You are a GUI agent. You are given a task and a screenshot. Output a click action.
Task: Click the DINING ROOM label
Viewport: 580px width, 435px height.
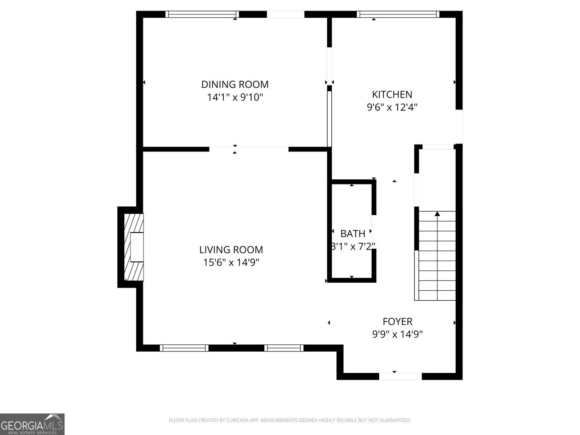tap(235, 84)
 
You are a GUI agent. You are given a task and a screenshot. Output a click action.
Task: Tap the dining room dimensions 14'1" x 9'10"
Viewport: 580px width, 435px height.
tap(235, 98)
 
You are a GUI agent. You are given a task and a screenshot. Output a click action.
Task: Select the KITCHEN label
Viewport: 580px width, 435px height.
tap(392, 95)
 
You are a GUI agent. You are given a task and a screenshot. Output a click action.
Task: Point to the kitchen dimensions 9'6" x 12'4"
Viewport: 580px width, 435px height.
tap(392, 107)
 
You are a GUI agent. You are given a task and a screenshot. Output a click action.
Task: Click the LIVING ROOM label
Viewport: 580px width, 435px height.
tap(231, 250)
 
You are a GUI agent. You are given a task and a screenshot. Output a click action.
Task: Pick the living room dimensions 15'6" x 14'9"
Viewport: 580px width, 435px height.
tap(231, 262)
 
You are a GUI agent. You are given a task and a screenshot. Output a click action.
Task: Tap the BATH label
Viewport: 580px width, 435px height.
tap(352, 234)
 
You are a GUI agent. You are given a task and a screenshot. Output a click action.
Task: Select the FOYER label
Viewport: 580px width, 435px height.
tap(397, 322)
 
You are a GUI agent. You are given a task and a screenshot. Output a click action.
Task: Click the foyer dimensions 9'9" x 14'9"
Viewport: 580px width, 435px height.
tap(397, 334)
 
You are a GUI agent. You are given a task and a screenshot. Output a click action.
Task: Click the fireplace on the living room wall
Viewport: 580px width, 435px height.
tap(133, 247)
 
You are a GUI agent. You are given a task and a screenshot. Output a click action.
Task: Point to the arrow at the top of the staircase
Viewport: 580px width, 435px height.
tap(437, 214)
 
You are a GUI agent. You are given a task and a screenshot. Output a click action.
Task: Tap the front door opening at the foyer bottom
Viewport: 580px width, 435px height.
tap(400, 376)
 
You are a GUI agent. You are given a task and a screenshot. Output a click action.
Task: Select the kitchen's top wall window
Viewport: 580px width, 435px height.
tap(398, 14)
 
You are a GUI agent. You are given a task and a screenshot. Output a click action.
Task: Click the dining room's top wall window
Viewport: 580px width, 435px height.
tap(202, 14)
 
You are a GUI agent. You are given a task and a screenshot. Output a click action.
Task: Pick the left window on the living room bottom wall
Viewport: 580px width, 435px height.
tap(184, 348)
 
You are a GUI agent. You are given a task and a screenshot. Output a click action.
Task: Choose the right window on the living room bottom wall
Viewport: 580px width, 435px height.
tap(283, 348)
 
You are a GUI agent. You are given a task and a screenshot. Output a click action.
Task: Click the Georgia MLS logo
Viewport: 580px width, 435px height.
tap(32, 424)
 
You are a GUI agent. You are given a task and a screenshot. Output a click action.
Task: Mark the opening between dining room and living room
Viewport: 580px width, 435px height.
tap(249, 149)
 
